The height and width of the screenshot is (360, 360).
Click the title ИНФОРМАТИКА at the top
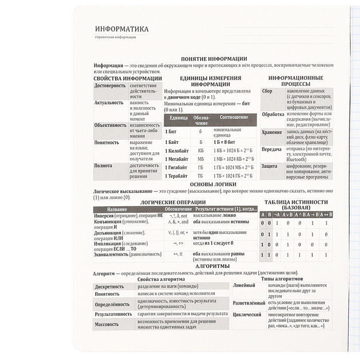(x=122, y=29)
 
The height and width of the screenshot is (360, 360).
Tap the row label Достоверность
(x=110, y=85)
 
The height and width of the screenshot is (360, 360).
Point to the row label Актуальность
(x=109, y=102)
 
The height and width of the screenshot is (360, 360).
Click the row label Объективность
(x=110, y=125)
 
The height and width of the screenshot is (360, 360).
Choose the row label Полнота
(x=103, y=166)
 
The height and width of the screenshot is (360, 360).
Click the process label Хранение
(x=272, y=132)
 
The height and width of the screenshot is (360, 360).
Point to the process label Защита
(x=269, y=166)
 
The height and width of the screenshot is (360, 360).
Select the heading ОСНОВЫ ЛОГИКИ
(x=213, y=184)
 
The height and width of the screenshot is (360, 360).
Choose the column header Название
(x=117, y=209)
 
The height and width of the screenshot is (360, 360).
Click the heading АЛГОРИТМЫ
(x=213, y=266)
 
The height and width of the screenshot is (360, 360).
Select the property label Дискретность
(x=110, y=286)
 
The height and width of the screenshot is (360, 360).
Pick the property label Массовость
(x=106, y=325)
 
